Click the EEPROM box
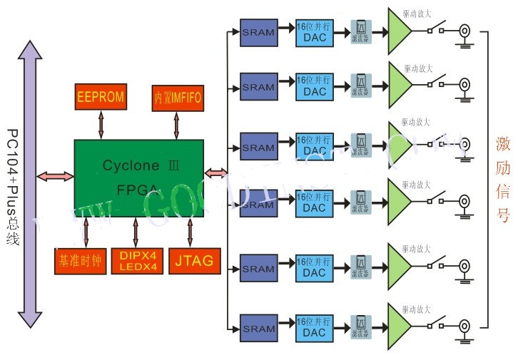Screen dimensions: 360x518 (101, 97)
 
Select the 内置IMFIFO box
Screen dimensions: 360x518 (176, 97)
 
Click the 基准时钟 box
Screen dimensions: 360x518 (79, 261)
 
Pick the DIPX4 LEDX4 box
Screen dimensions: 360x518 (137, 261)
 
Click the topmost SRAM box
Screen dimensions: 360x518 (258, 32)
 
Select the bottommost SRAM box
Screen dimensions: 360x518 (258, 329)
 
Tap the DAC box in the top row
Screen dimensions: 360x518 (314, 32)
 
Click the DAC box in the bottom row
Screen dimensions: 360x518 (314, 329)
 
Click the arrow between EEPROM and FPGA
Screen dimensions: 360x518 (101, 125)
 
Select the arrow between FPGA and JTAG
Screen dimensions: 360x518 (190, 232)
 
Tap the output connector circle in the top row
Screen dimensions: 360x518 (464, 31)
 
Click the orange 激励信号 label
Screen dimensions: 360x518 (503, 180)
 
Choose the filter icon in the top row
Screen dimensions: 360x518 (361, 32)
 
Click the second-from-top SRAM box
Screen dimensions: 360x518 (258, 88)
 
